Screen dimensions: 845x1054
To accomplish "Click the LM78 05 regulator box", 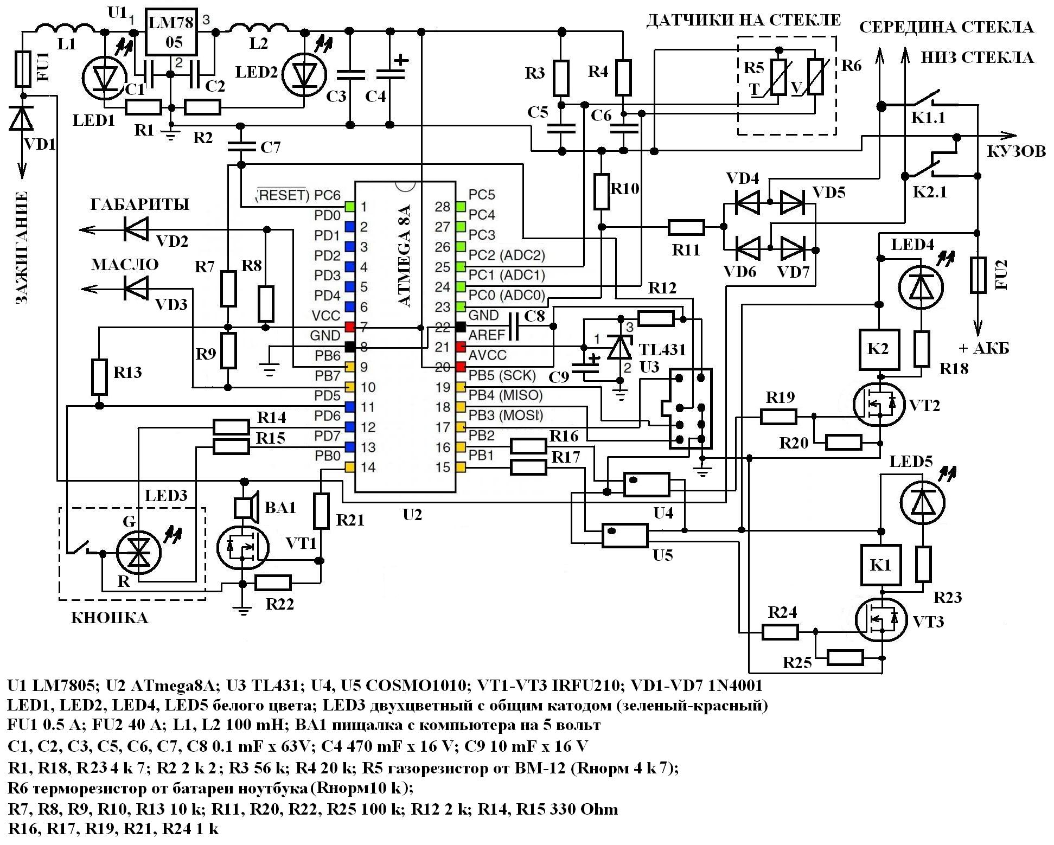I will point(173,32).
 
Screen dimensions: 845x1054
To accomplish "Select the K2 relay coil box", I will point(878,349).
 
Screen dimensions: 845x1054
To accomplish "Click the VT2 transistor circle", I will point(878,405).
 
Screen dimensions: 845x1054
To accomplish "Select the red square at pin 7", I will point(349,327).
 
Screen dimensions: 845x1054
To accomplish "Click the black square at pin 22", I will point(461,327).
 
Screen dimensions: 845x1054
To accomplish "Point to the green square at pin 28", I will point(461,206).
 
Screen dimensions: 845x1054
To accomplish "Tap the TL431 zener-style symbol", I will point(619,347).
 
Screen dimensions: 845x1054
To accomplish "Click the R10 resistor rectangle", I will point(602,191).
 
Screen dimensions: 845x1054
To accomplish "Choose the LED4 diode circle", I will point(921,288).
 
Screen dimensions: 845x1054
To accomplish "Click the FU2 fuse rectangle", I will point(978,276).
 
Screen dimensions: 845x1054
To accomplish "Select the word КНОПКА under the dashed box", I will point(110,618).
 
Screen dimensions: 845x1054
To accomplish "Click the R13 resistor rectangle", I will point(99,376).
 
